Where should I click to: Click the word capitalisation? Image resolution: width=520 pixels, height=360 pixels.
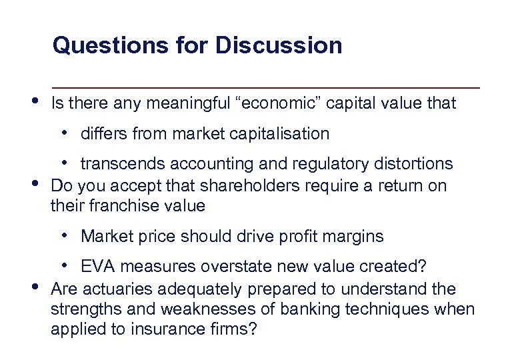coord(279,134)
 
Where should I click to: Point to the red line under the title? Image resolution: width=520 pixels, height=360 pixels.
coord(267,88)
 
